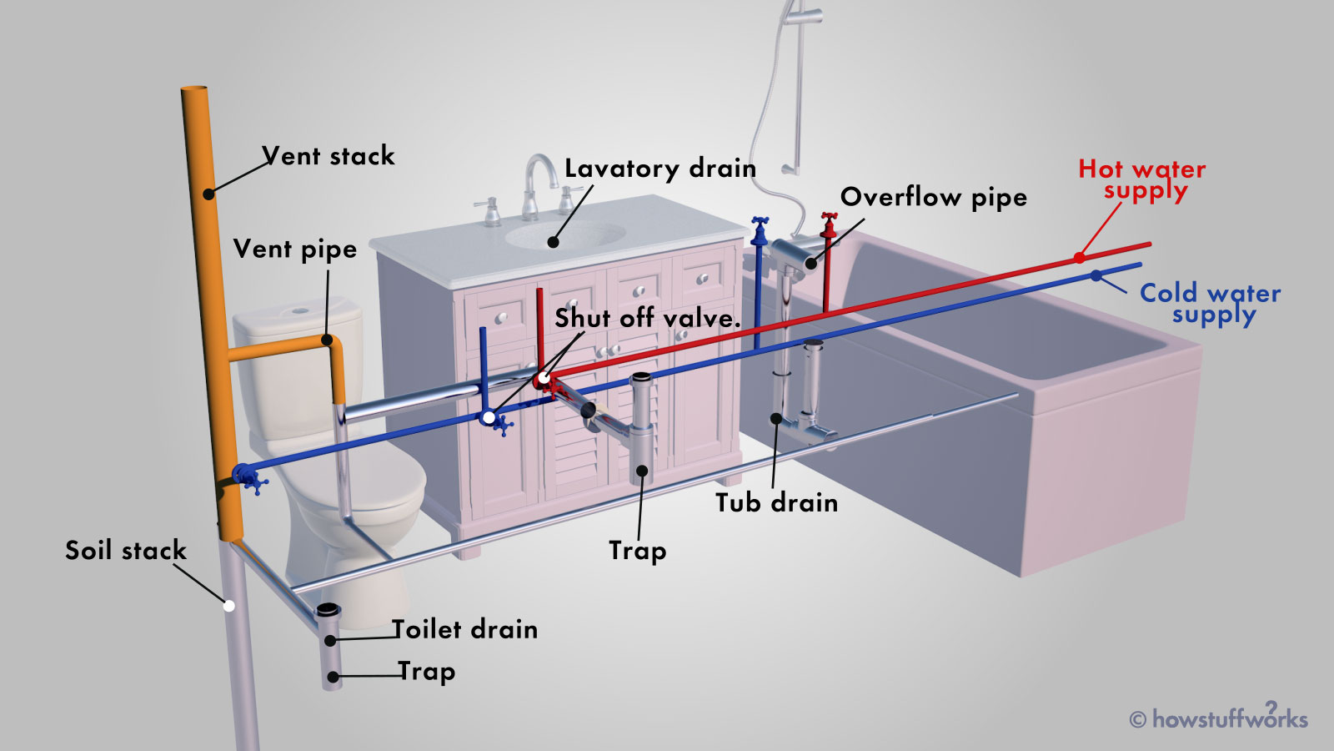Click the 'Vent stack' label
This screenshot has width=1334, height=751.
pos(328,156)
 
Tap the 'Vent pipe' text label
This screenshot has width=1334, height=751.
pos(294,249)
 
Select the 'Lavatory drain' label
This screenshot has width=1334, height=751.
pos(659,169)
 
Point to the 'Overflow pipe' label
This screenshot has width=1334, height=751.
pos(933,198)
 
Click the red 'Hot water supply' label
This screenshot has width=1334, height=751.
pos(1142,179)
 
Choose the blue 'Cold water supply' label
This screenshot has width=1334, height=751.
pos(1210,303)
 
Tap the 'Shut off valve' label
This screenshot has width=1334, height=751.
pos(647,318)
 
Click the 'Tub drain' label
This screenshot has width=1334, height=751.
pos(776,503)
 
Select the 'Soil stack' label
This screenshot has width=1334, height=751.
pos(126,551)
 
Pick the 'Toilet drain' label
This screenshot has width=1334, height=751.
pos(465,629)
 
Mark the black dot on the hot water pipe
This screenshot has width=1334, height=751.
pos(1079,258)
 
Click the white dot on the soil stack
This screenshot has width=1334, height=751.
pos(228,606)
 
